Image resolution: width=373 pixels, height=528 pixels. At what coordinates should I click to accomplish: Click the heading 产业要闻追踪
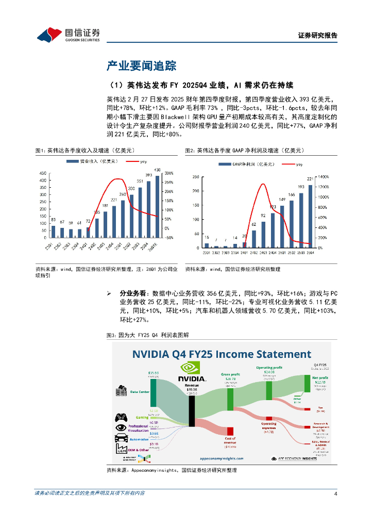[141, 65]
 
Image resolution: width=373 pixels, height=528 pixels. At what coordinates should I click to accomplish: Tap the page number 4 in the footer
[335, 493]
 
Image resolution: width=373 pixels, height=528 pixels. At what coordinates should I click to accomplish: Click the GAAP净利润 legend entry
[239, 164]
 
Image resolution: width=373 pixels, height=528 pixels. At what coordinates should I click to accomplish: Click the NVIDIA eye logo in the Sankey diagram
[191, 369]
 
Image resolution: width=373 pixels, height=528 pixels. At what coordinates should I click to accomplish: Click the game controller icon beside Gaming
[122, 416]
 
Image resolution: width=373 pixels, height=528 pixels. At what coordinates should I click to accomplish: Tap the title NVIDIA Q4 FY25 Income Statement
[222, 354]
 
